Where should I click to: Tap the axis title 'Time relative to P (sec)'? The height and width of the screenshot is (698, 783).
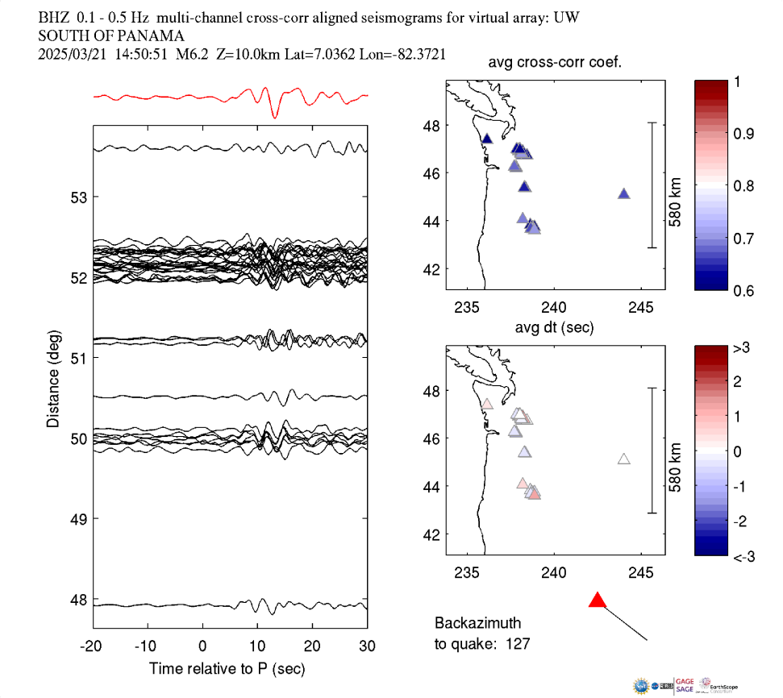point(227,669)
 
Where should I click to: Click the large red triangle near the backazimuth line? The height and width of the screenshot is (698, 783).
point(597,600)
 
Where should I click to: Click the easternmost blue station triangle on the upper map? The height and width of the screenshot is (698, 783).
point(623,193)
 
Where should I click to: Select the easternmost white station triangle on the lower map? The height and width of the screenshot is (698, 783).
point(623,459)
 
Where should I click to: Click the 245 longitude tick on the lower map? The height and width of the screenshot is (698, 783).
point(641,573)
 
